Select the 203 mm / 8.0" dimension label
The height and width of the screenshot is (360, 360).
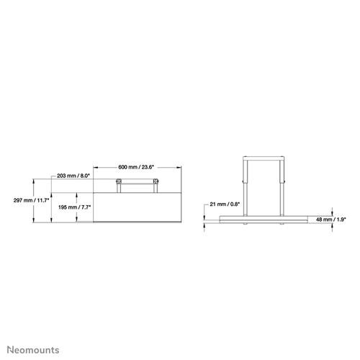72,176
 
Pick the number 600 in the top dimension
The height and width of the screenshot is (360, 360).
123,167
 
